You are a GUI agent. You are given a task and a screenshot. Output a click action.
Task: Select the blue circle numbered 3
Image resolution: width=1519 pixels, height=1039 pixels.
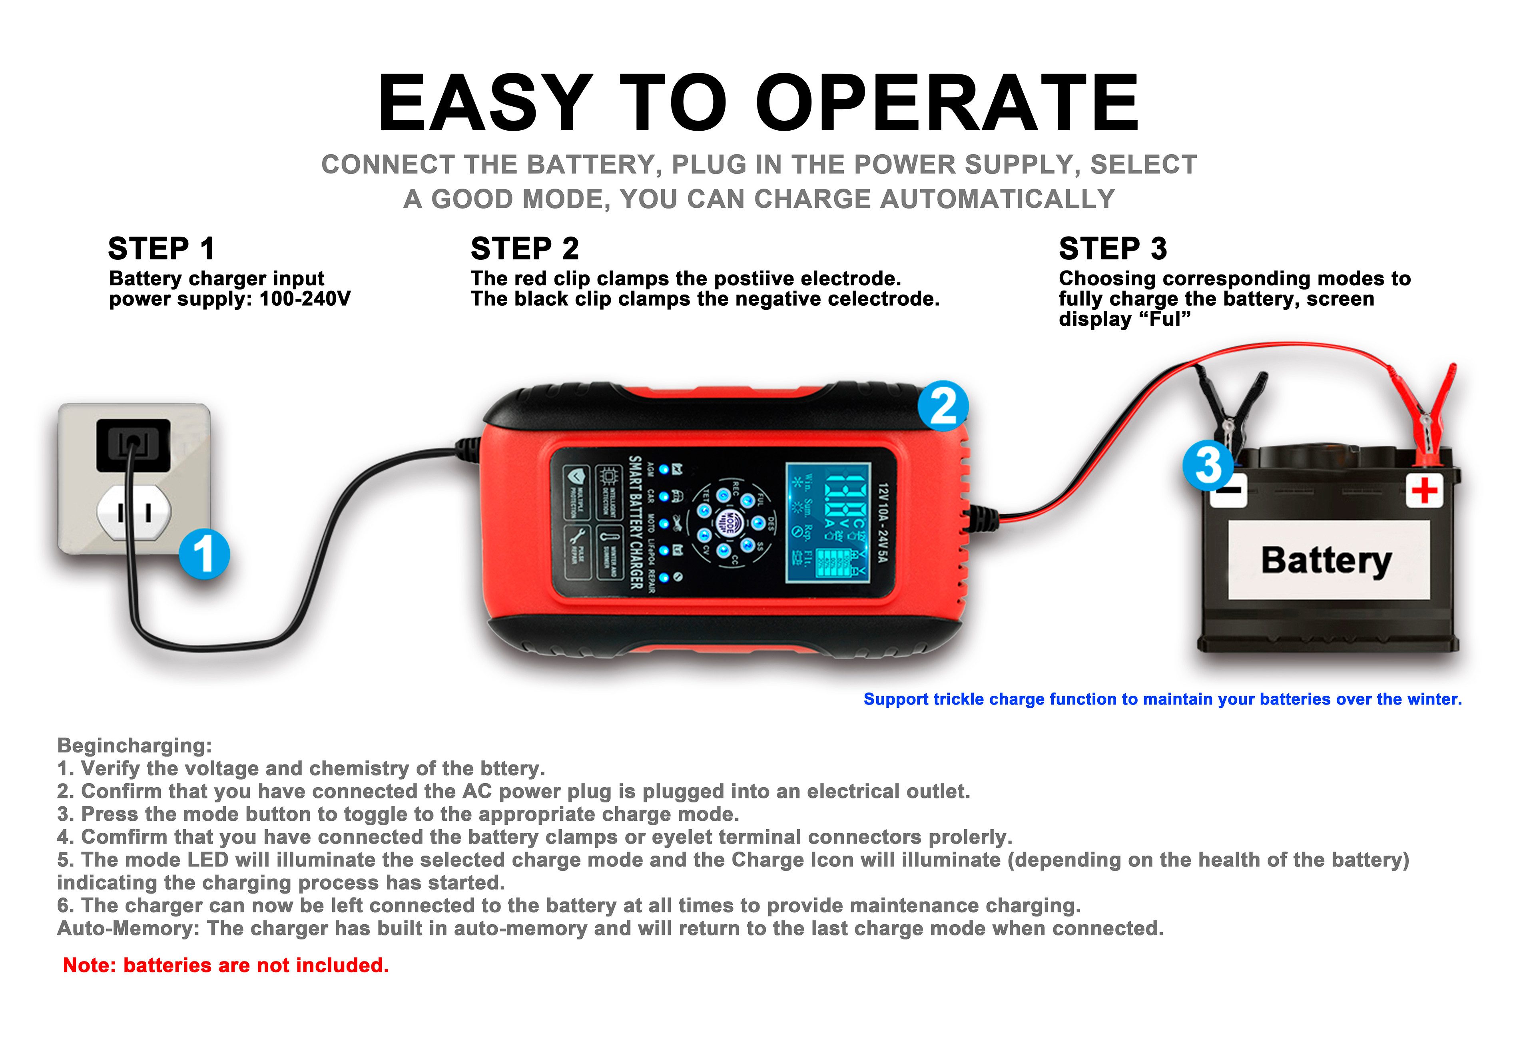point(1208,465)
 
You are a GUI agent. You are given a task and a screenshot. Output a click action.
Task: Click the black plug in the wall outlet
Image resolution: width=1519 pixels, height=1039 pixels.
point(134,445)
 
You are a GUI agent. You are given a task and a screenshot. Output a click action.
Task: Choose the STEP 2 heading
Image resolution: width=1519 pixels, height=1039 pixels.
point(525,249)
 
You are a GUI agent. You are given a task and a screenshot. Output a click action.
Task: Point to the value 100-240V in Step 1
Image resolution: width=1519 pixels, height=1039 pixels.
point(305,299)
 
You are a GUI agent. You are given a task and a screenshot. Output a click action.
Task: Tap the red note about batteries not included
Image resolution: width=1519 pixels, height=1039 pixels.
point(225,965)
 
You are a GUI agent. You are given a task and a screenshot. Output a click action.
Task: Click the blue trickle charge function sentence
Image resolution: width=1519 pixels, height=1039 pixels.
point(1162,699)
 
